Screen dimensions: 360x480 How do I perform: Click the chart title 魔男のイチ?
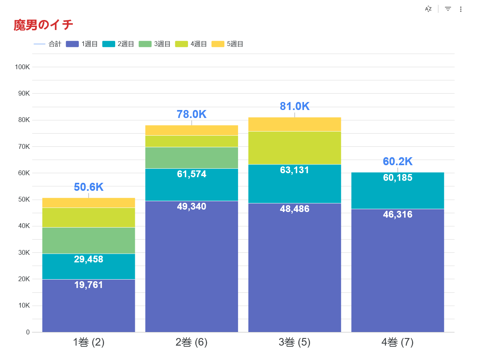[x=43, y=25]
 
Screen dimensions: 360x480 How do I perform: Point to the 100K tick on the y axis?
[x=22, y=67]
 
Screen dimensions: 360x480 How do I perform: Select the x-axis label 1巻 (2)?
[x=88, y=342]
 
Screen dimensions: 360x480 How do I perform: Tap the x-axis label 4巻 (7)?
[x=397, y=342]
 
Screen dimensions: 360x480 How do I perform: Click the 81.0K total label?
[x=294, y=106]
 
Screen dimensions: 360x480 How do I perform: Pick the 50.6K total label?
[x=88, y=187]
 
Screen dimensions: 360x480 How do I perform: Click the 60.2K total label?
[x=397, y=162]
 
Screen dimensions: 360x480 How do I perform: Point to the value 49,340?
[x=192, y=206]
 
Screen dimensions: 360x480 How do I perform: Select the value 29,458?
[x=88, y=259]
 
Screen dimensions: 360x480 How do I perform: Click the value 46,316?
[x=397, y=214]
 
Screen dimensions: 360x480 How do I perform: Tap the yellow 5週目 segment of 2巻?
[x=192, y=130]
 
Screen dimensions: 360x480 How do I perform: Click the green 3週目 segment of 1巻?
[x=88, y=240]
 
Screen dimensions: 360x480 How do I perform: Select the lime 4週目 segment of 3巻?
[x=294, y=148]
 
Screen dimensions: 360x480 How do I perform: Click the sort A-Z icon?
[x=428, y=9]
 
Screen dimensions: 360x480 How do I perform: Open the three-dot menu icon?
[x=461, y=9]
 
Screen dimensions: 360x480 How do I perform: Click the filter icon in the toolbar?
[x=448, y=9]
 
